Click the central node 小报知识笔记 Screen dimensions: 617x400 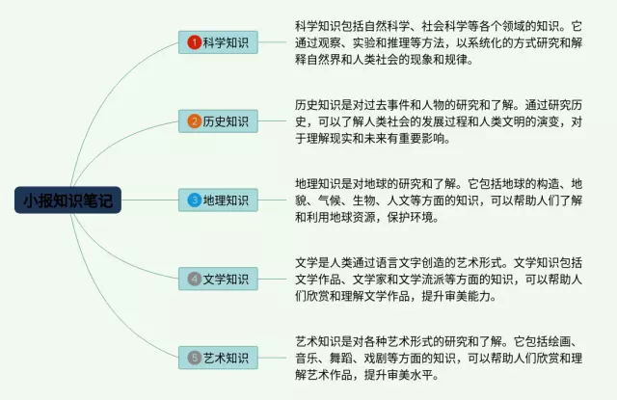pos(67,200)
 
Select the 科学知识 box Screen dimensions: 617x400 pos(218,42)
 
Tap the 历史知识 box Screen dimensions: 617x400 pos(218,121)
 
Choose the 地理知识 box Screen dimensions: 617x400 pos(218,200)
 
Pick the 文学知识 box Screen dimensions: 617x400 pos(218,279)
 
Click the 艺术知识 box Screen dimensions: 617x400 pos(218,358)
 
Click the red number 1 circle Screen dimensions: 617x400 pos(195,42)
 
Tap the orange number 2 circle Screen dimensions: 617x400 pos(195,121)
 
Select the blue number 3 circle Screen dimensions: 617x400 pos(195,200)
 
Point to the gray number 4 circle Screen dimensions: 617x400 pos(195,279)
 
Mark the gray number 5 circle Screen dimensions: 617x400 pos(195,358)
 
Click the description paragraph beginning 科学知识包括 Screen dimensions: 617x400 pos(439,42)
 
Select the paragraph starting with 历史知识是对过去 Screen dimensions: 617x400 pos(439,121)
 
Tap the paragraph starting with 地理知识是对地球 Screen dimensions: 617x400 pos(439,200)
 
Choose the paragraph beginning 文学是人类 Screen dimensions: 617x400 pos(439,280)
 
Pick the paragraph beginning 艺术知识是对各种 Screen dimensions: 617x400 pos(439,358)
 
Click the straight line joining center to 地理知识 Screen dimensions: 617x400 pos(150,200)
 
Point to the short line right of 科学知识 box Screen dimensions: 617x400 pos(272,42)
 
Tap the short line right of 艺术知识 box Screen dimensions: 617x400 pos(272,358)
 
